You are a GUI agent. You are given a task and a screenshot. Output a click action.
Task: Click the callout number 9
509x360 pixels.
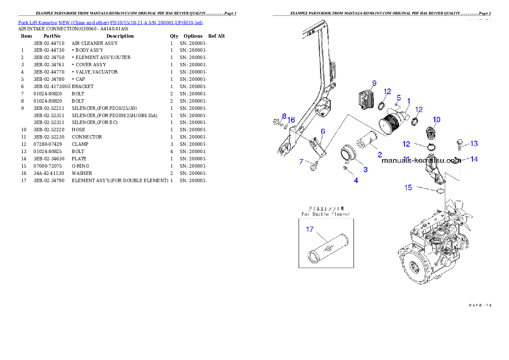click(x=374, y=83)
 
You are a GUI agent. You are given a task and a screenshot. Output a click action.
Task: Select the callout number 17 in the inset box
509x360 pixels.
click(x=309, y=230)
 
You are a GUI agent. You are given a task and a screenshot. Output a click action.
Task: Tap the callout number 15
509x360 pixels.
click(x=408, y=187)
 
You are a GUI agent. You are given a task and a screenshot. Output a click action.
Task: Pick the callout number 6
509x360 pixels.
click(x=323, y=131)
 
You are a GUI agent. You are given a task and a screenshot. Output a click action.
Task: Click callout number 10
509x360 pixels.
click(x=436, y=120)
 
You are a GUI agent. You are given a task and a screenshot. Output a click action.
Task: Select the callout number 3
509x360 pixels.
click(x=365, y=170)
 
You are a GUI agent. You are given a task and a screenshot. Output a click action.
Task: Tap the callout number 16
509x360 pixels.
click(x=291, y=120)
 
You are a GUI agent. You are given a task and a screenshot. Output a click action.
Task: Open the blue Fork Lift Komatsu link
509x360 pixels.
click(x=110, y=22)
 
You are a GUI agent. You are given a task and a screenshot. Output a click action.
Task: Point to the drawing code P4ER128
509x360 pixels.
click(x=479, y=305)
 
